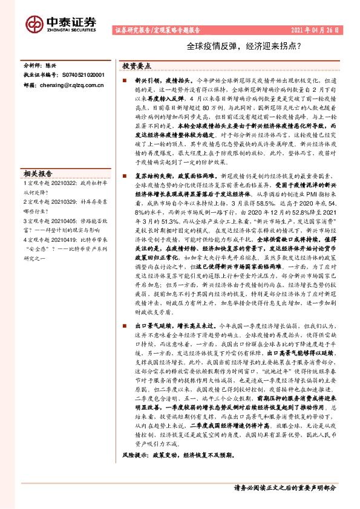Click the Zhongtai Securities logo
click(61, 22)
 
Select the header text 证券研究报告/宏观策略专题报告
click(157, 30)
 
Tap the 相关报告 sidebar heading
click(38, 172)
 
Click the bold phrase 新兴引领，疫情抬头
click(154, 80)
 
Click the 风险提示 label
click(133, 469)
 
